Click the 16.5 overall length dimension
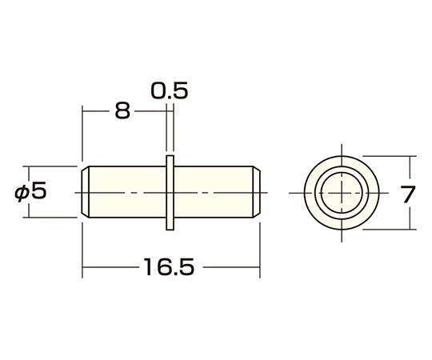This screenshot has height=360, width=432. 169,266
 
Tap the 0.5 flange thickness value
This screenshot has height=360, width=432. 170,90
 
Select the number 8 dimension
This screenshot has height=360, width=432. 122,110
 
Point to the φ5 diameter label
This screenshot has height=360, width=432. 30,191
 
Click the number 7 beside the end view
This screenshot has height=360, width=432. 408,194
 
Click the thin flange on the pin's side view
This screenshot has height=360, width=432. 170,193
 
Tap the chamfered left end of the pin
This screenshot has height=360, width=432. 85,192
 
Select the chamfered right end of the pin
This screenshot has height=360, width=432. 257,192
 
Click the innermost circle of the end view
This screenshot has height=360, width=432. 342,173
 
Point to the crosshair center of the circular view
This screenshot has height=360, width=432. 342,193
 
